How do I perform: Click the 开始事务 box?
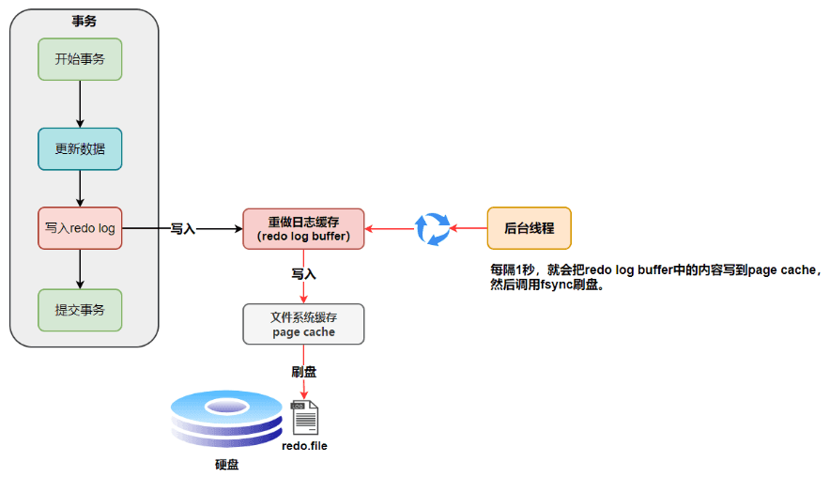[80, 59]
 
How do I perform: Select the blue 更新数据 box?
[80, 148]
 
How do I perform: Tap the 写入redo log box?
[80, 228]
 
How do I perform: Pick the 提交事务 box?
[80, 310]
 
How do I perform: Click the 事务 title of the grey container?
[85, 22]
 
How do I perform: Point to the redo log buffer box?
[303, 229]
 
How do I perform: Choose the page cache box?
[303, 324]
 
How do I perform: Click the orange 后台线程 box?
[530, 228]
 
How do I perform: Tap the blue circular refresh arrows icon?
[433, 229]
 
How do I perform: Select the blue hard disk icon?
[226, 418]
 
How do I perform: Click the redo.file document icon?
[304, 418]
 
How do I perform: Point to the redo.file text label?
[304, 446]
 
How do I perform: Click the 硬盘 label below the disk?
[226, 464]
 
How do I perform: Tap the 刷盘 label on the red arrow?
[304, 372]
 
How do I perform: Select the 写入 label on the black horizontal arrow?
[183, 229]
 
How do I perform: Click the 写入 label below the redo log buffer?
[304, 274]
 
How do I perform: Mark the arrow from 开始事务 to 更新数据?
[80, 104]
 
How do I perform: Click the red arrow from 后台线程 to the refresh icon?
[469, 228]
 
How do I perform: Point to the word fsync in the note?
[557, 285]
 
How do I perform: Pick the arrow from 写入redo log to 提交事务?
[80, 269]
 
